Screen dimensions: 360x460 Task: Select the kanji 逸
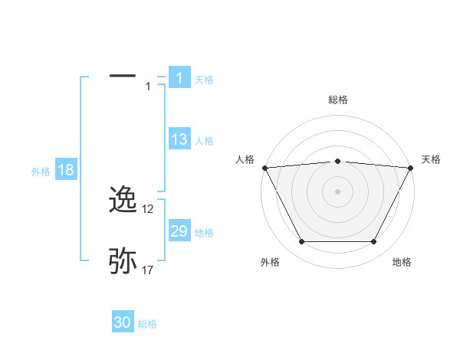(123, 200)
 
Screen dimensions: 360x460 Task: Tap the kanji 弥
(123, 261)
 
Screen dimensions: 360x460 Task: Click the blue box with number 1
(179, 77)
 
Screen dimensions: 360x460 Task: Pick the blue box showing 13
(179, 139)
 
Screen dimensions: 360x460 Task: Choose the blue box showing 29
(179, 231)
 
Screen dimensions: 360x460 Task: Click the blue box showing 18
(65, 170)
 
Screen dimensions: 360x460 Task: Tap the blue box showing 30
(123, 322)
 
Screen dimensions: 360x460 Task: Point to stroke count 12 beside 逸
(149, 209)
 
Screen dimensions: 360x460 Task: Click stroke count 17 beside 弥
(149, 270)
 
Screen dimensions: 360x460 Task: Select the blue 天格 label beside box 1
(204, 79)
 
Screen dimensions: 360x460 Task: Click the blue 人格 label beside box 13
(204, 141)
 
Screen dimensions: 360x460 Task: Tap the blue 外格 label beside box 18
(41, 172)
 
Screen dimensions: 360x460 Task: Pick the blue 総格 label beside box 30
(148, 324)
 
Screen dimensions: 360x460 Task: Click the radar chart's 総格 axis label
(337, 100)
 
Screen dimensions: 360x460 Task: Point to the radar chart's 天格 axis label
(431, 159)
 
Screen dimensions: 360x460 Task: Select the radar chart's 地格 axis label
(402, 262)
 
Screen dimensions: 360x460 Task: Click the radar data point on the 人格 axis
(264, 167)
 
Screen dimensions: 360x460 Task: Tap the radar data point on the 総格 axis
(337, 161)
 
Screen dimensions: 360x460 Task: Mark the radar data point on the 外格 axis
(301, 242)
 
